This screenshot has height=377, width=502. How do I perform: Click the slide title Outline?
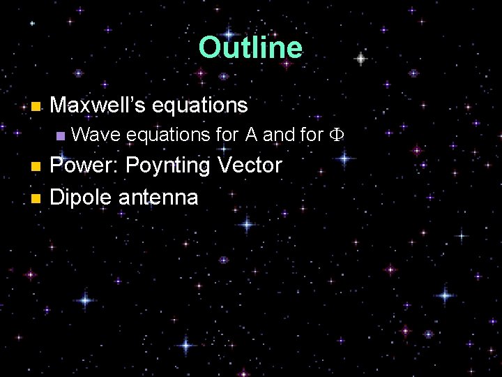pyautogui.click(x=250, y=47)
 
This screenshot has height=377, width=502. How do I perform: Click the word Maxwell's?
pyautogui.click(x=98, y=105)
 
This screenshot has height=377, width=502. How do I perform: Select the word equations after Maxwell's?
pyautogui.click(x=199, y=105)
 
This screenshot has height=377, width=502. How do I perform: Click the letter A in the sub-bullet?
pyautogui.click(x=252, y=135)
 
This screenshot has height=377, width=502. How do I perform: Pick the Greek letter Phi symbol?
pyautogui.click(x=336, y=135)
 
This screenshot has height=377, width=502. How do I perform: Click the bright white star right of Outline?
pyautogui.click(x=360, y=59)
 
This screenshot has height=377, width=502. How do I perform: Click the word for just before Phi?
pyautogui.click(x=312, y=135)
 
